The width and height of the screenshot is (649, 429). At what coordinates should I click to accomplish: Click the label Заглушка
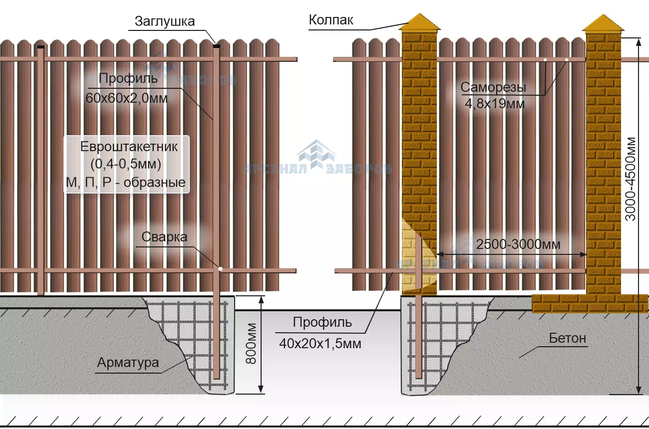tap(164, 21)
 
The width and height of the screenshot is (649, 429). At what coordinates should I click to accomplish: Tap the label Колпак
tap(331, 20)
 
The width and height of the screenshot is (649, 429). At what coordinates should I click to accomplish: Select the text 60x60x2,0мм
tap(126, 98)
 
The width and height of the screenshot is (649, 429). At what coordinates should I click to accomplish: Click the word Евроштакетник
tap(129, 147)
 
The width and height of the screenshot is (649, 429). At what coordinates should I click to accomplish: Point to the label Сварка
tap(164, 236)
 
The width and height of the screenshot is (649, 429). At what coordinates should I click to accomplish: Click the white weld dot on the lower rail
tap(220, 269)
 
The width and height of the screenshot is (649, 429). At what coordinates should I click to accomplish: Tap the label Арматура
tap(128, 363)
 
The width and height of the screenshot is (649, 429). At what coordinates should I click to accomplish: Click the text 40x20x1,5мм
tap(321, 344)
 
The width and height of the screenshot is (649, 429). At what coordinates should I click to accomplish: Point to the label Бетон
tap(567, 338)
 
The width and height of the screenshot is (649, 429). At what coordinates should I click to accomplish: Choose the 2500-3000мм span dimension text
tap(518, 244)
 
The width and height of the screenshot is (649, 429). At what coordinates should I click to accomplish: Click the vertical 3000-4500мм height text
tap(632, 179)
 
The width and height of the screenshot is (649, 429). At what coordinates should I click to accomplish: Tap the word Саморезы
tap(493, 88)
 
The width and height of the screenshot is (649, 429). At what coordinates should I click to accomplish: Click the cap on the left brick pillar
tap(419, 23)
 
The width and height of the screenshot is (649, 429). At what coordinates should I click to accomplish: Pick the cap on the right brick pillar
tap(604, 23)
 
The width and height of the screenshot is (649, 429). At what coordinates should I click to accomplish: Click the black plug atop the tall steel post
tap(216, 46)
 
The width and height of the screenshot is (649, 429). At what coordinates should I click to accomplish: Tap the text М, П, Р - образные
tap(126, 183)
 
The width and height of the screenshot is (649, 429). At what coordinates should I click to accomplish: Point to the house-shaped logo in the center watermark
tap(317, 155)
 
